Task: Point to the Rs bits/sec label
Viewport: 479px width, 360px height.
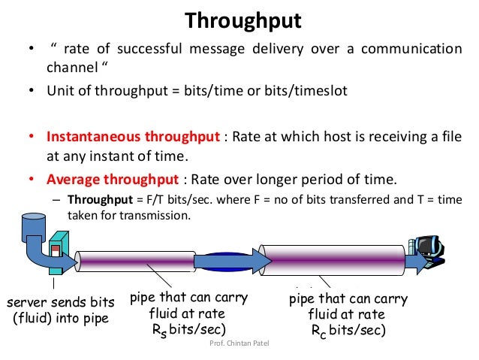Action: pos(187,328)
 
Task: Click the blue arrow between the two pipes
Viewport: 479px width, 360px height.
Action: pos(233,260)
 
